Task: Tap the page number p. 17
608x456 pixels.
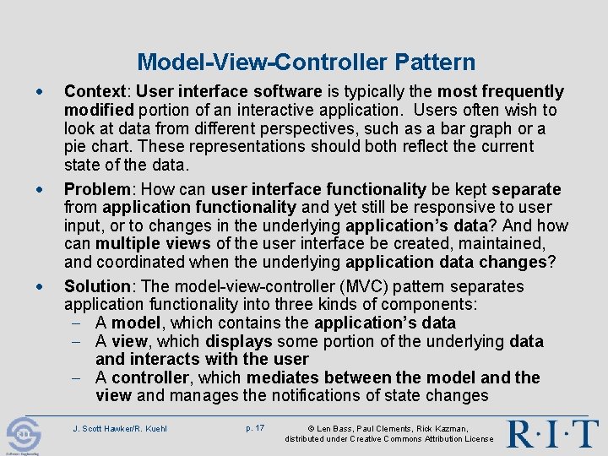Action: [254, 428]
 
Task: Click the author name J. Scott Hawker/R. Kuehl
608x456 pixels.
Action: [120, 429]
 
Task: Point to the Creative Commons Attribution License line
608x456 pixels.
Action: [388, 439]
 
